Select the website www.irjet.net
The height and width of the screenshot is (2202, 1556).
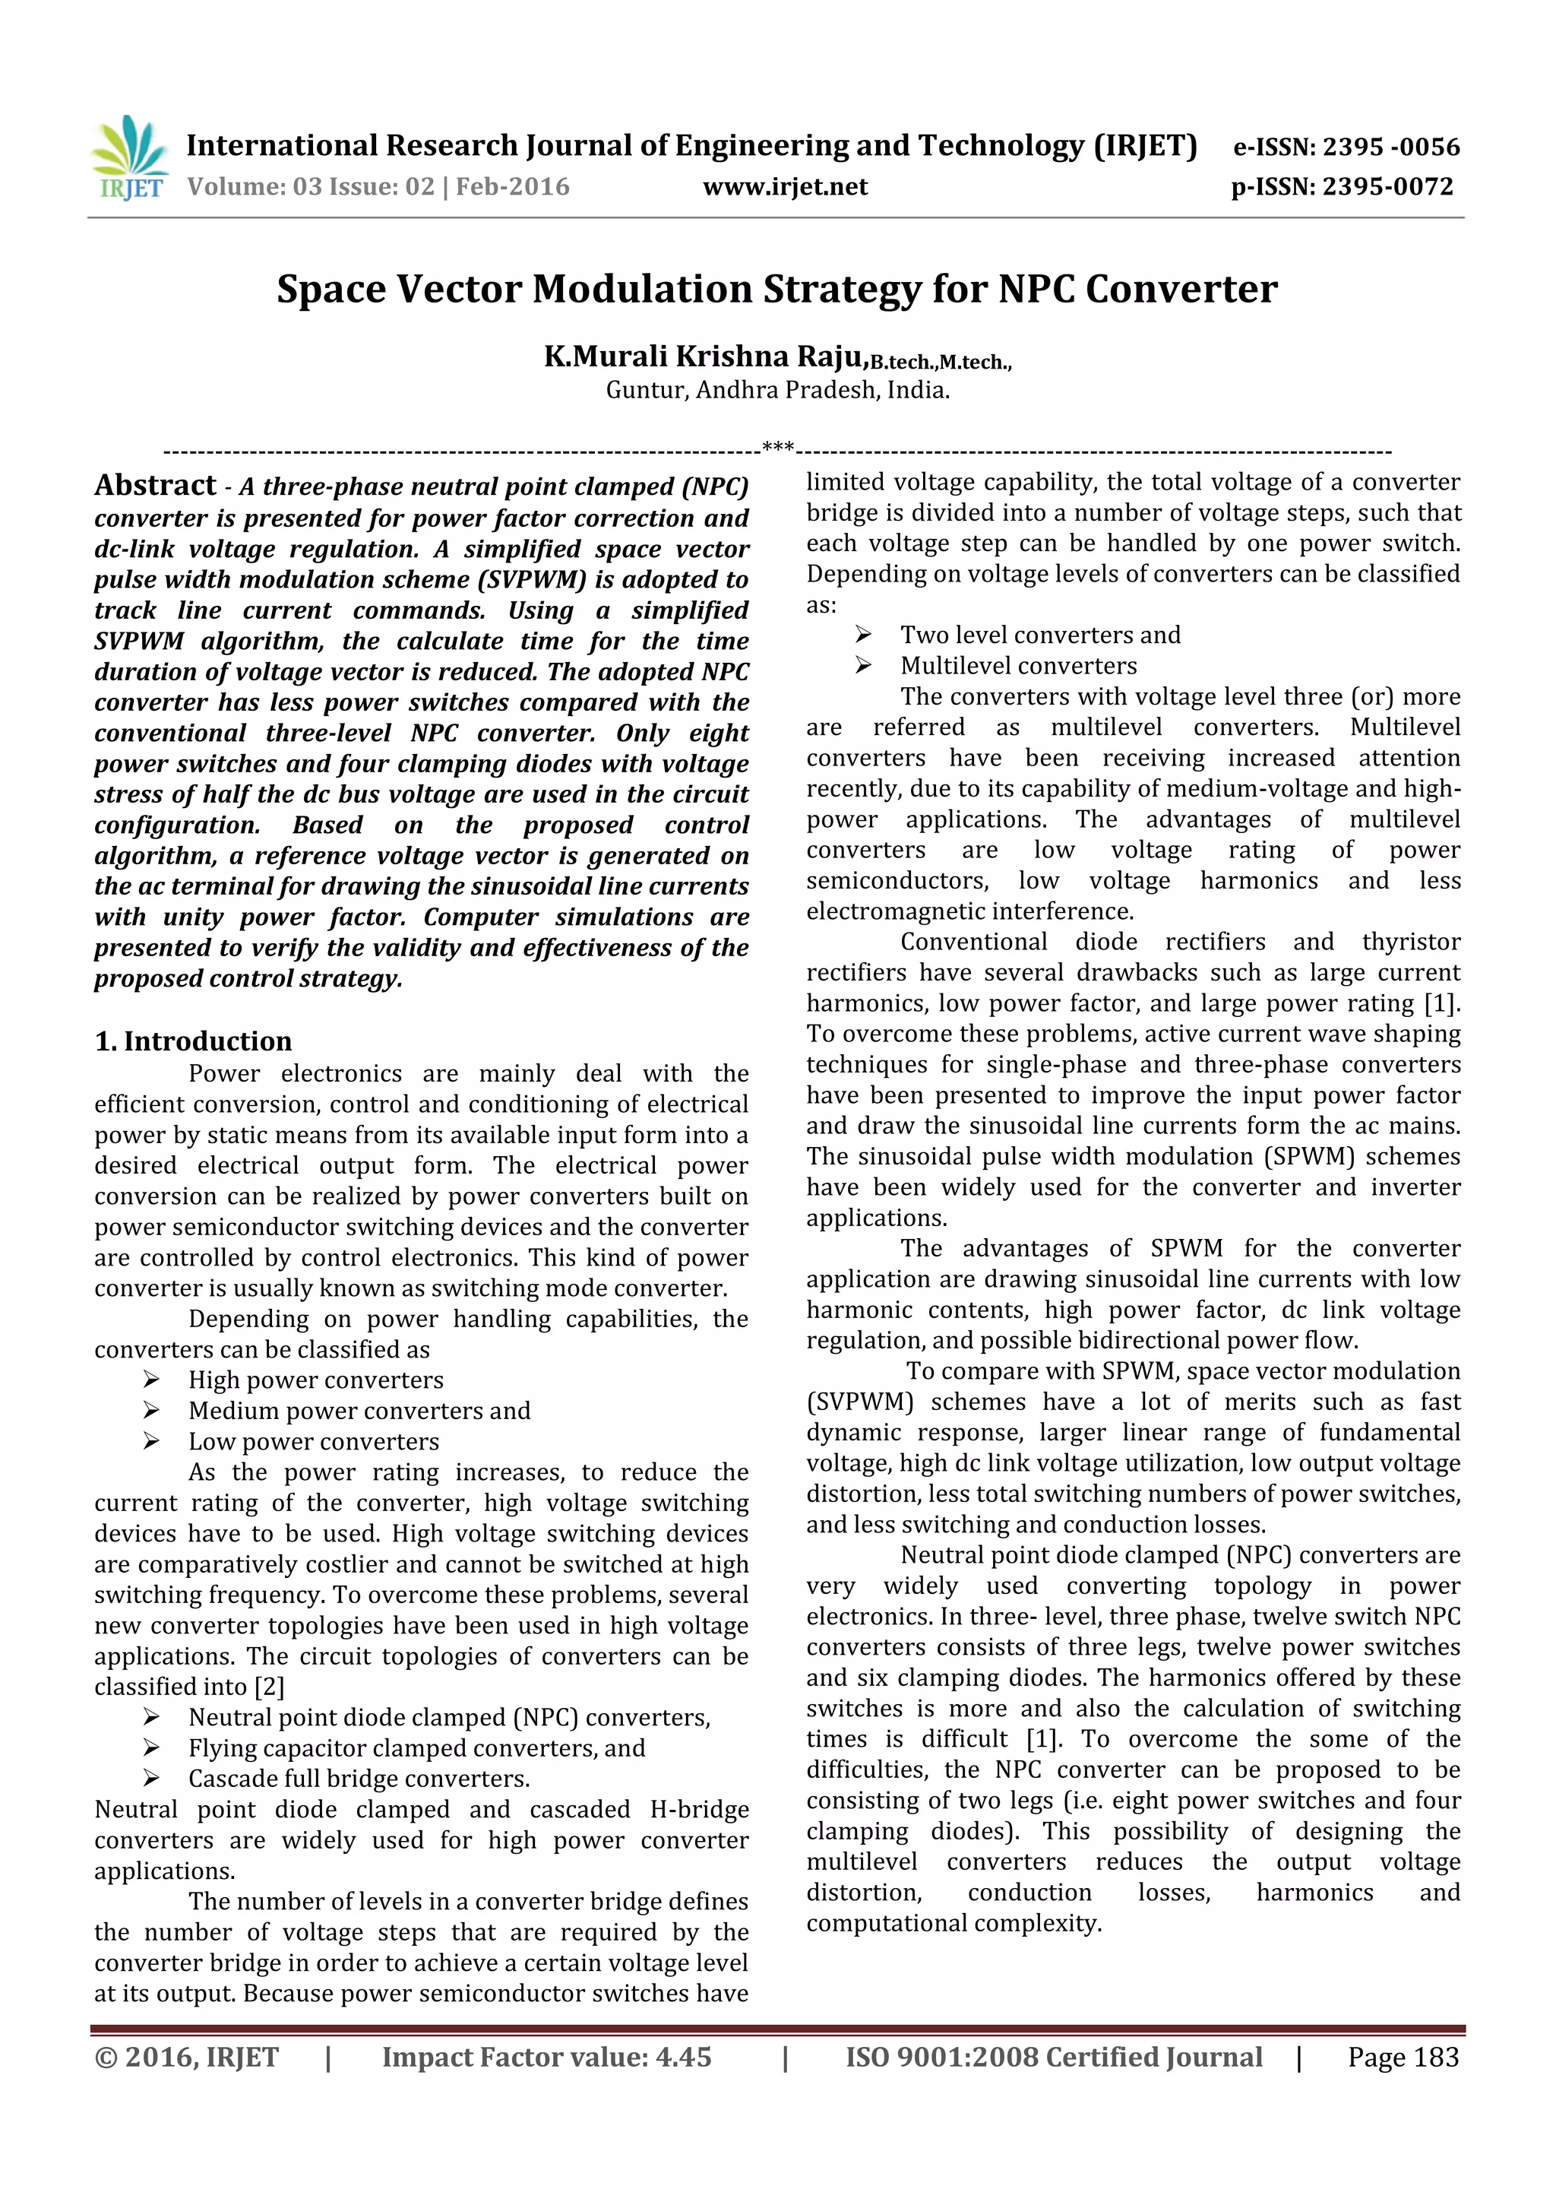(784, 187)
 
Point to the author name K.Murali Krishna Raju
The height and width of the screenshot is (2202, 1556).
(704, 356)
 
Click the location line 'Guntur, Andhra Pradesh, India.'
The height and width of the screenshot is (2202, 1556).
(776, 391)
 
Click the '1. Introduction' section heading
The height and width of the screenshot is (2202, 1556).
(193, 1041)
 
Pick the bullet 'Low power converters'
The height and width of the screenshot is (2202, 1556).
(314, 1440)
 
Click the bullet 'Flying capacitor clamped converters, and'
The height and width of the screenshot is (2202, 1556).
(416, 1747)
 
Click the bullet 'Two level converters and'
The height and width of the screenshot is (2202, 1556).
(1039, 635)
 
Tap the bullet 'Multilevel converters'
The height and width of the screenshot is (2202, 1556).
(1017, 666)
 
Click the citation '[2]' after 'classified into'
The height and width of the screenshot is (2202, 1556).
(270, 1686)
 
